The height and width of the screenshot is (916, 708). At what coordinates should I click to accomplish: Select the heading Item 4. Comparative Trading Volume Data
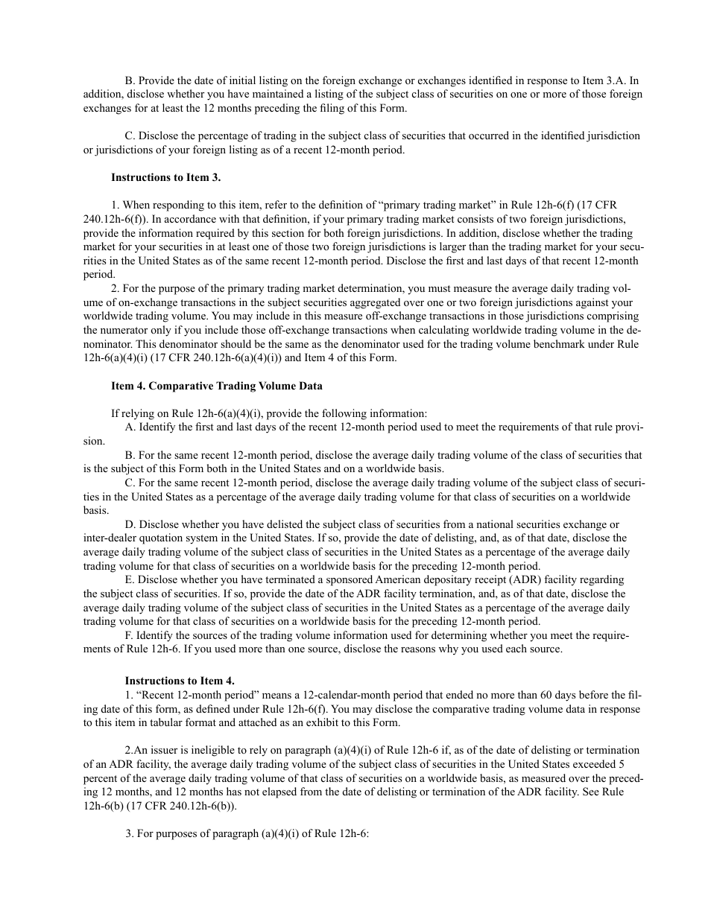pos(217,386)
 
